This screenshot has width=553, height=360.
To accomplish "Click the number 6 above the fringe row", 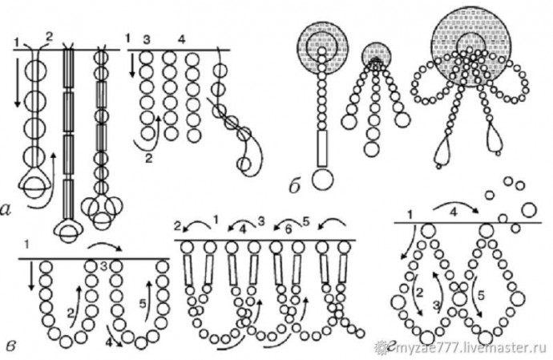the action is pyautogui.click(x=289, y=229).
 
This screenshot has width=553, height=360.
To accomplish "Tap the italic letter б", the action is pyautogui.click(x=295, y=186).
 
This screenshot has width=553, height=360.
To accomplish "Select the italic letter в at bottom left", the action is pyautogui.click(x=12, y=345).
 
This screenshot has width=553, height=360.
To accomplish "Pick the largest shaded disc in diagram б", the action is pyautogui.click(x=472, y=50).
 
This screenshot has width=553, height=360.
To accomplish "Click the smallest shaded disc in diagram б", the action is pyautogui.click(x=377, y=55).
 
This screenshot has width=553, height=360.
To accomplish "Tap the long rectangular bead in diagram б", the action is pyautogui.click(x=322, y=148).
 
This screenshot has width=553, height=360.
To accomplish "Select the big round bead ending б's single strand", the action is pyautogui.click(x=322, y=179).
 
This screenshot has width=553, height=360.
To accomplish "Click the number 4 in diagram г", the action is pyautogui.click(x=454, y=212).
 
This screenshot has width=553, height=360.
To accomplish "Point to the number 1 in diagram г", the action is pyautogui.click(x=410, y=214).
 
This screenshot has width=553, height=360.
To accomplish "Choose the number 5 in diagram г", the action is pyautogui.click(x=481, y=295).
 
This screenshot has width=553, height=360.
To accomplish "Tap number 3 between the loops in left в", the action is pyautogui.click(x=103, y=266).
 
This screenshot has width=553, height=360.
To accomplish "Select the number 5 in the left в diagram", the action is pyautogui.click(x=143, y=303).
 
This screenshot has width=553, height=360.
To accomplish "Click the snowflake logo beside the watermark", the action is pyautogui.click(x=381, y=348).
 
